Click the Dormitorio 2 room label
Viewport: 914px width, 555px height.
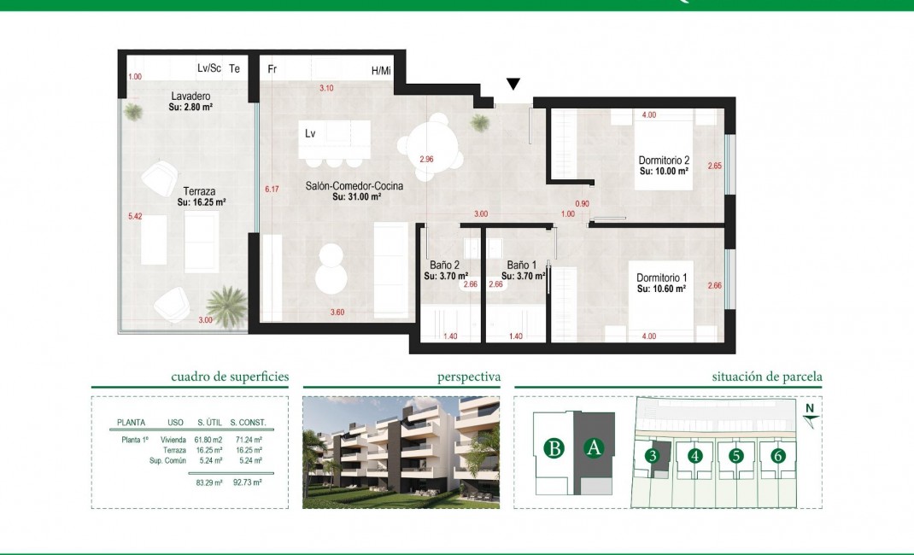(x=664, y=161)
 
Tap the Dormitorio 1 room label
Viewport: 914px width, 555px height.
(x=662, y=277)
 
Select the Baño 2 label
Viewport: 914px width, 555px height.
(x=445, y=266)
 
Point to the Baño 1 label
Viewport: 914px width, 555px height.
(x=521, y=266)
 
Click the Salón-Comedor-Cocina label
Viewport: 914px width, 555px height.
(x=354, y=185)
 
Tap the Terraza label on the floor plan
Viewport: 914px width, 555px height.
(x=198, y=191)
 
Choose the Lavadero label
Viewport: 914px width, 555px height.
(x=190, y=96)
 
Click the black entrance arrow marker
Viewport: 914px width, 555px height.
(x=513, y=84)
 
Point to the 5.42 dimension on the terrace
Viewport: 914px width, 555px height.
(x=134, y=217)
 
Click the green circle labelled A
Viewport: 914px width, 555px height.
(x=595, y=447)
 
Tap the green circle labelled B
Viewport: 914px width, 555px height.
(x=554, y=447)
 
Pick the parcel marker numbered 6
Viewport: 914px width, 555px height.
(x=777, y=456)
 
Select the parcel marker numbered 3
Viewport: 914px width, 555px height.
(x=652, y=456)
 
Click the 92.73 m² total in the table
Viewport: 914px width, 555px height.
(x=245, y=482)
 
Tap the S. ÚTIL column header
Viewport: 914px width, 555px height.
(x=210, y=423)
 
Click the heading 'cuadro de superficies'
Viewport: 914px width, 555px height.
(x=229, y=377)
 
